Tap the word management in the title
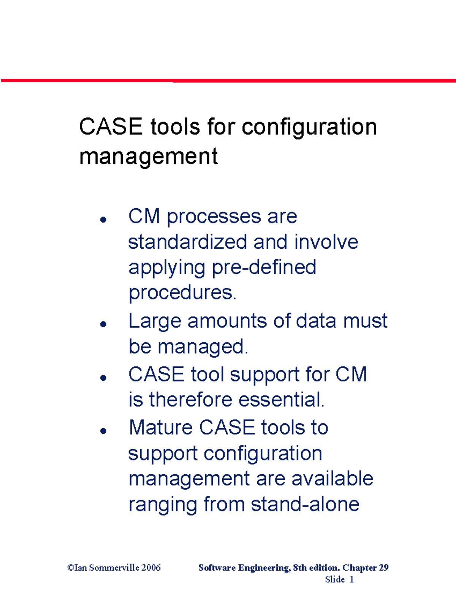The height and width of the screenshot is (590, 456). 148,156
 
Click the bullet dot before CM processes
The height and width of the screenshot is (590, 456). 103,219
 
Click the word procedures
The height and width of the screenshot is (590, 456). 182,293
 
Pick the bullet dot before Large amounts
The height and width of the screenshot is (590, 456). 103,324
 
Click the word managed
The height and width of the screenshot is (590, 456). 203,346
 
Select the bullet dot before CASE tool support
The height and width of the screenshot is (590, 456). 103,377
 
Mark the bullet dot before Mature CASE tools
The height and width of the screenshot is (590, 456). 103,431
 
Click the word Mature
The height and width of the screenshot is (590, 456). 161,427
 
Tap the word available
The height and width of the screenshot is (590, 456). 332,479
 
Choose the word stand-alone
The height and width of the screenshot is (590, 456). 305,505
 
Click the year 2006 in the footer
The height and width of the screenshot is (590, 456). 151,568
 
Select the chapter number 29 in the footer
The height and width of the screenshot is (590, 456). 383,568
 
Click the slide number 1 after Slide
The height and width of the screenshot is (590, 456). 351,579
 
